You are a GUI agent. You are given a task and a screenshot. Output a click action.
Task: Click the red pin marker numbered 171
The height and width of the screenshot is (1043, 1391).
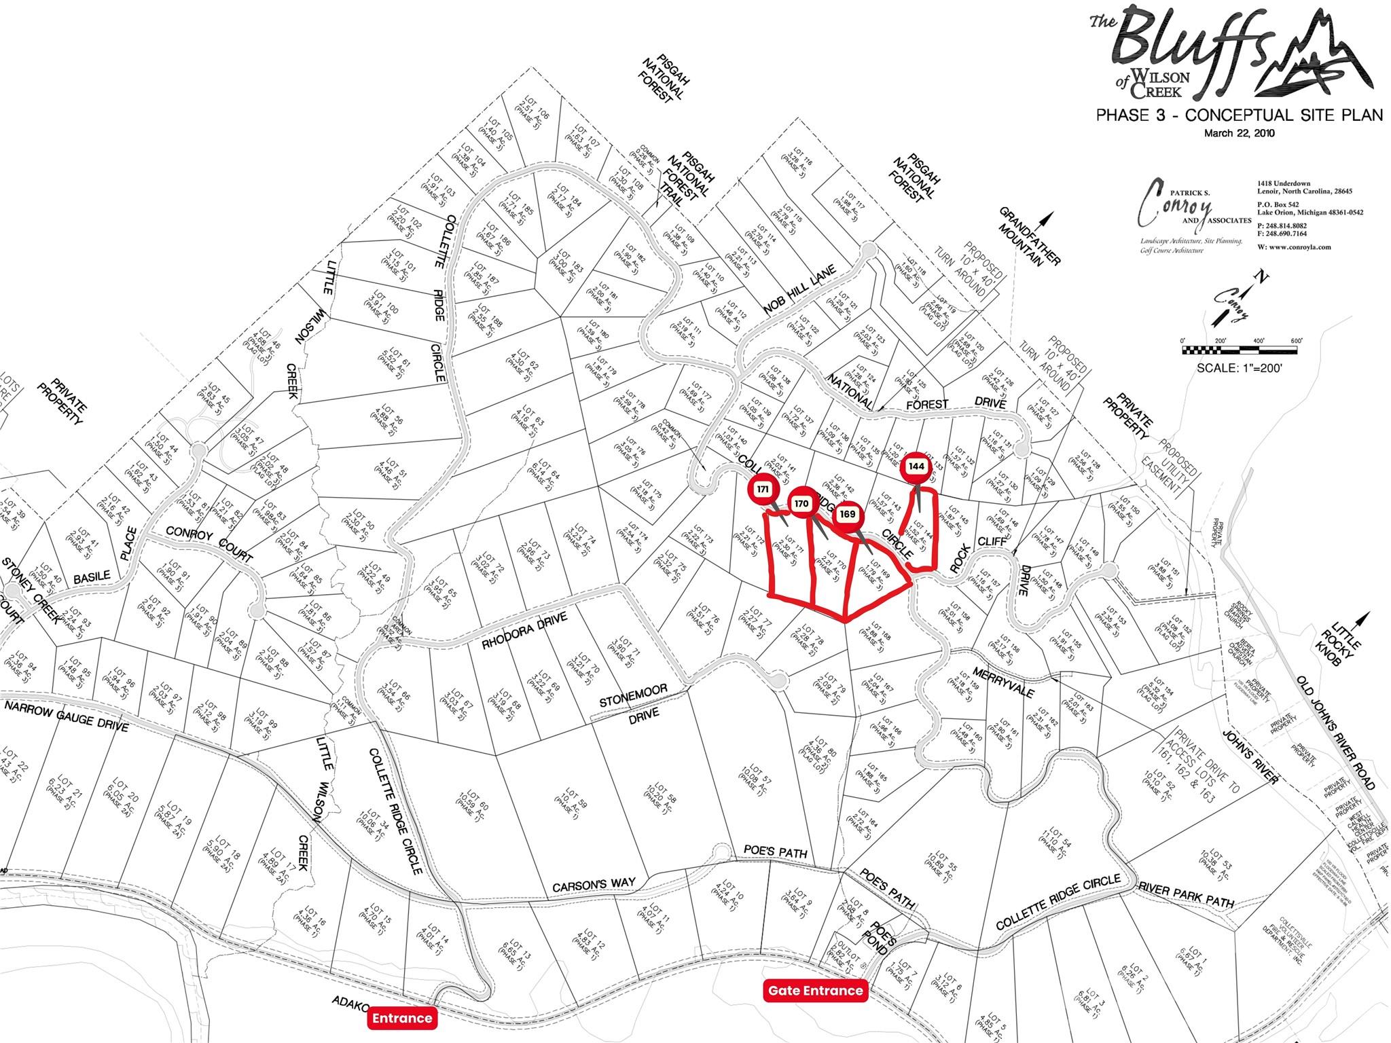tap(763, 490)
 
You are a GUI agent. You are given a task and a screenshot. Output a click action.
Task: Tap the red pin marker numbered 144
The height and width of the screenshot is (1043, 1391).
tap(916, 467)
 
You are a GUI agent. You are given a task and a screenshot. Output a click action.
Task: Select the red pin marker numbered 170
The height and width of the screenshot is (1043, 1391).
tap(801, 504)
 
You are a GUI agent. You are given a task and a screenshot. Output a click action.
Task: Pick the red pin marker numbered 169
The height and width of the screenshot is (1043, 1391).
tap(847, 515)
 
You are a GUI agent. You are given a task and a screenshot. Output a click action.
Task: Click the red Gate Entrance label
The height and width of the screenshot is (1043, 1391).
tap(815, 991)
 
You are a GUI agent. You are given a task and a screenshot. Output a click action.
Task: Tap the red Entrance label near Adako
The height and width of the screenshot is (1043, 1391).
tap(401, 1018)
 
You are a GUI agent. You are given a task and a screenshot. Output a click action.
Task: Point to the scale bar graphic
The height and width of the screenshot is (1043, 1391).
tap(1240, 351)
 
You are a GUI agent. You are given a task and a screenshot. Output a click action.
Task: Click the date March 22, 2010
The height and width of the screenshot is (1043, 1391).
tap(1239, 134)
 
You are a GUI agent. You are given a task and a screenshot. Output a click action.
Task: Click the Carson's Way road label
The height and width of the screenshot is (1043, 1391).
tap(594, 885)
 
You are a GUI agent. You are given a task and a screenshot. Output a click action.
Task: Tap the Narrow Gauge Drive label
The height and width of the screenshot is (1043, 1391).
tap(66, 716)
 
